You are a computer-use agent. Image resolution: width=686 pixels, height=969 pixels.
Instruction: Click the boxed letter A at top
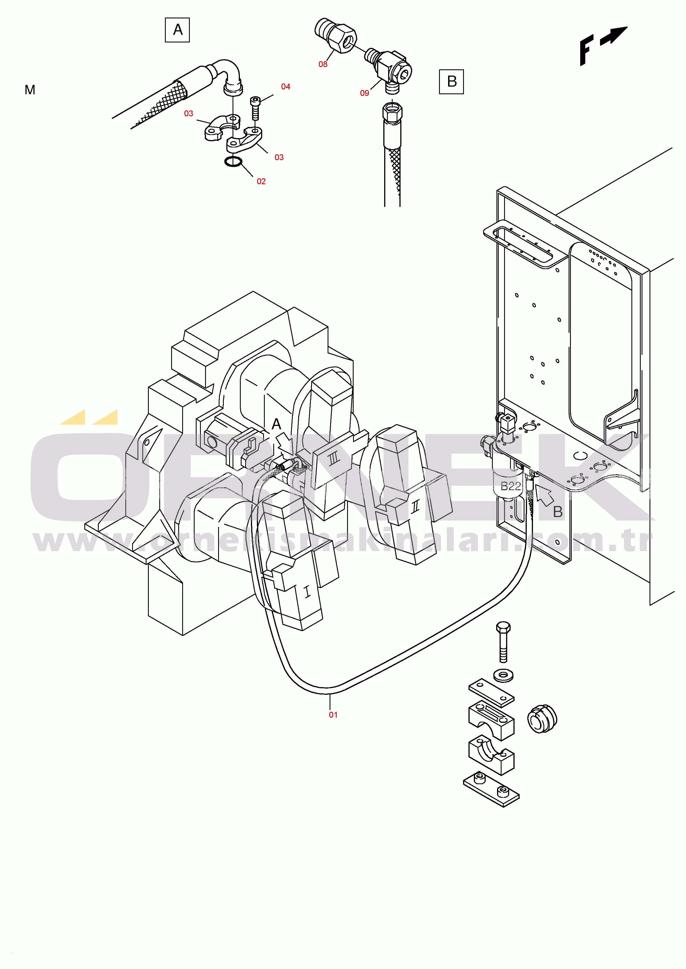click(x=177, y=30)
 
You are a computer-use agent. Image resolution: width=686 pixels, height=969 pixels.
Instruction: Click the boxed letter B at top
click(x=451, y=82)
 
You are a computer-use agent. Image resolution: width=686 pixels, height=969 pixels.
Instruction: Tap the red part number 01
click(x=333, y=715)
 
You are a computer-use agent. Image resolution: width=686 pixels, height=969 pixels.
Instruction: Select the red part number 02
click(x=261, y=181)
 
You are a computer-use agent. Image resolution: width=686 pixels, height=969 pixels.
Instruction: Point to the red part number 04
click(x=285, y=87)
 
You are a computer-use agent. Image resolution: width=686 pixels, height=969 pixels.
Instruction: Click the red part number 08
click(x=323, y=64)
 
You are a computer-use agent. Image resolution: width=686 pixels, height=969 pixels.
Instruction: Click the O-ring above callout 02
click(x=233, y=161)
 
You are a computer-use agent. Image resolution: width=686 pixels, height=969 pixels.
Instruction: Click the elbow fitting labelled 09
click(x=391, y=70)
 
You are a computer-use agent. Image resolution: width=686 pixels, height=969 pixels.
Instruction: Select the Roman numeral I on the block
click(x=307, y=592)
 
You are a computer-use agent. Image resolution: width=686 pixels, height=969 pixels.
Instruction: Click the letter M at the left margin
click(x=30, y=90)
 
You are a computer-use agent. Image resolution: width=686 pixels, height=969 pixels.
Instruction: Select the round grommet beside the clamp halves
click(x=542, y=719)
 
